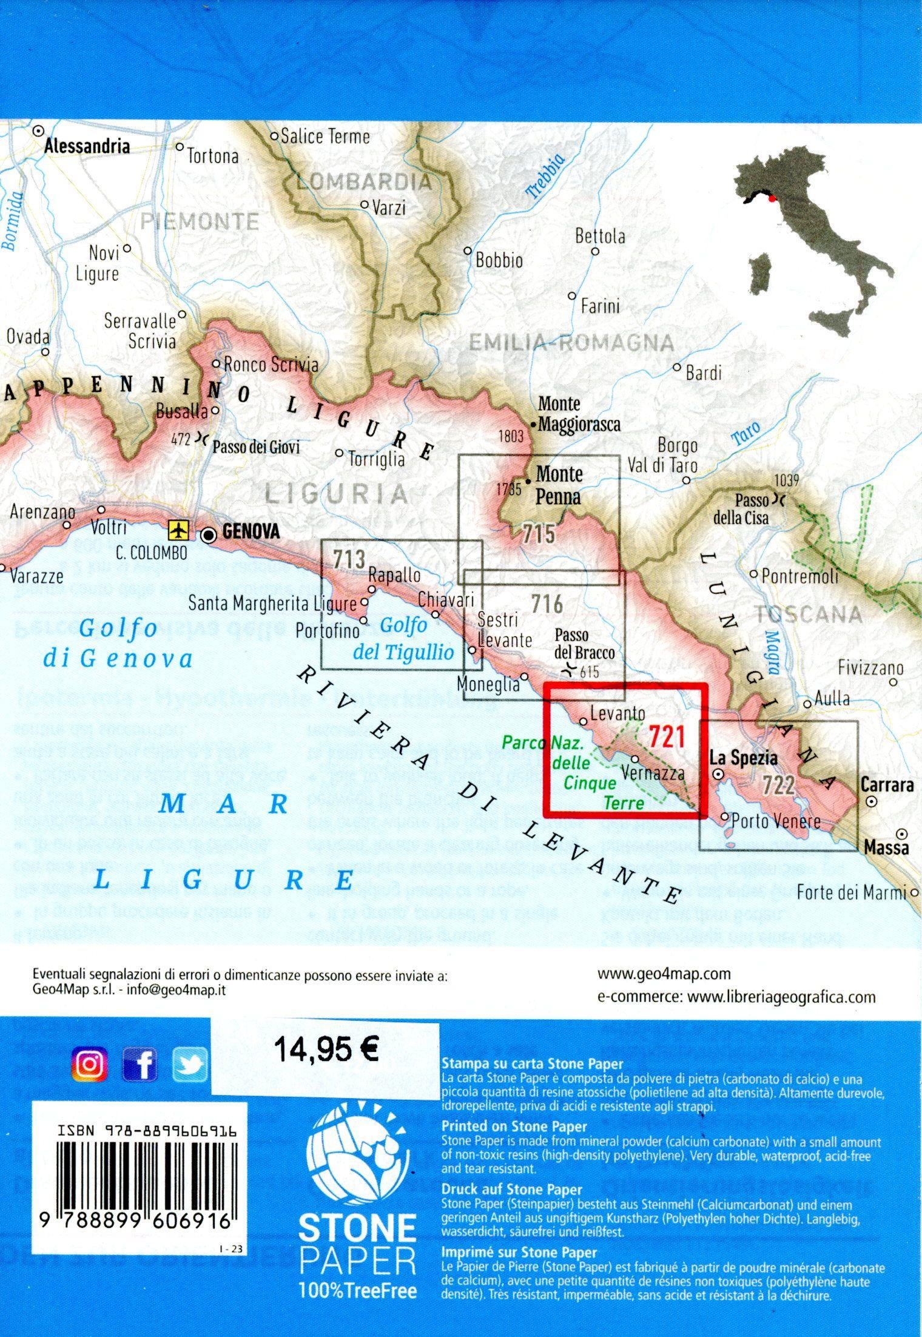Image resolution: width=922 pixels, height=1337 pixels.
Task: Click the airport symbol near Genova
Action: click(178, 530)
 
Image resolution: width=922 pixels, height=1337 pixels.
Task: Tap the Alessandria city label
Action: click(87, 146)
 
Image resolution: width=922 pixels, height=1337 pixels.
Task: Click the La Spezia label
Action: click(743, 758)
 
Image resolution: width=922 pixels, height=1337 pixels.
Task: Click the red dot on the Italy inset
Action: click(771, 197)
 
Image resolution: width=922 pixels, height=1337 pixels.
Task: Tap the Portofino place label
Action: click(328, 630)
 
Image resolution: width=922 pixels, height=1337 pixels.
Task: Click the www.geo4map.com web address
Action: click(664, 974)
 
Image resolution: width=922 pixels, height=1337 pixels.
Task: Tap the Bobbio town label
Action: click(499, 261)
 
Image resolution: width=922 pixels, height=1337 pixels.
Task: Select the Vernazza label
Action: click(653, 773)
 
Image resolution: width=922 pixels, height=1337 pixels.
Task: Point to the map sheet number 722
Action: click(779, 786)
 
